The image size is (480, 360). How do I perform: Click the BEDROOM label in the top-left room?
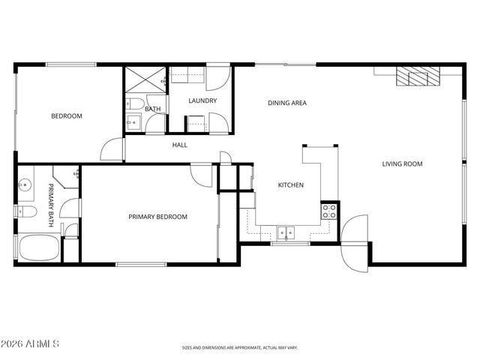pos(66,116)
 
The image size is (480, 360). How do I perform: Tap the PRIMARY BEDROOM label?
pos(157,217)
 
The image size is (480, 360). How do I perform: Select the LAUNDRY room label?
pos(202,100)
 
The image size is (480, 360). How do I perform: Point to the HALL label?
pos(179,145)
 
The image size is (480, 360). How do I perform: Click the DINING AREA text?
pos(287,103)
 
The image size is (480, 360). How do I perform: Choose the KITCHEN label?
pos(290,185)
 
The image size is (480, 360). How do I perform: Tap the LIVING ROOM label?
pos(403,164)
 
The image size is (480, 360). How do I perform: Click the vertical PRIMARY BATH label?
pos(51,204)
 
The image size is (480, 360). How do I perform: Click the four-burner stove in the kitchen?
pos(328,211)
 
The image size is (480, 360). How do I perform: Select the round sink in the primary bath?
pos(24,182)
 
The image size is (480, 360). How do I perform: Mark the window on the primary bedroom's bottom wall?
pos(141,263)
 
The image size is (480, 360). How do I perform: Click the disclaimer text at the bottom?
pos(240,347)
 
